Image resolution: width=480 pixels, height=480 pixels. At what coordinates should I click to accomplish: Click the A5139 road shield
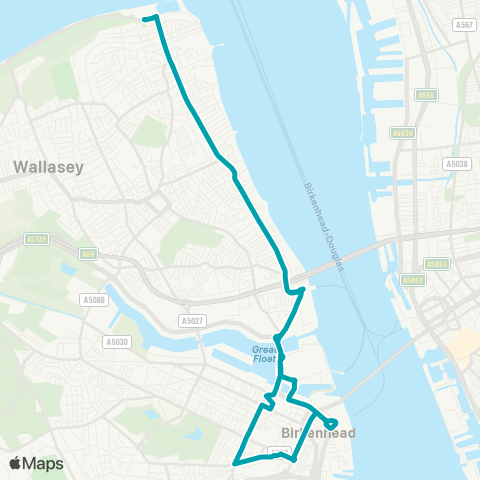pos(36,240)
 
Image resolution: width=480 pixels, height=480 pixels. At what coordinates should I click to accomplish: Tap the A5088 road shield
pos(95,299)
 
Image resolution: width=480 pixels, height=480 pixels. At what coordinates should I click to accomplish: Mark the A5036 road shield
pos(403,132)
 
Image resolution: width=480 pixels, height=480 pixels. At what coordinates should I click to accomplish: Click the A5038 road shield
pos(455,163)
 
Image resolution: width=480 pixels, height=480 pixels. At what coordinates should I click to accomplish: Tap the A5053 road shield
pos(436,264)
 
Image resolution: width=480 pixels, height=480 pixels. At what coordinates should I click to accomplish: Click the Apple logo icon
pos(15,463)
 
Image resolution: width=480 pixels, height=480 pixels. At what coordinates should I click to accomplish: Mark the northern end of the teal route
pos(146,18)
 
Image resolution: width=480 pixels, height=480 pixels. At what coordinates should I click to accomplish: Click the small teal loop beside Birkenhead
pos(331,424)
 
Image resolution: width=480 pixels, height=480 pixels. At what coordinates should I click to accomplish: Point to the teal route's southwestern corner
pos(234,463)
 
